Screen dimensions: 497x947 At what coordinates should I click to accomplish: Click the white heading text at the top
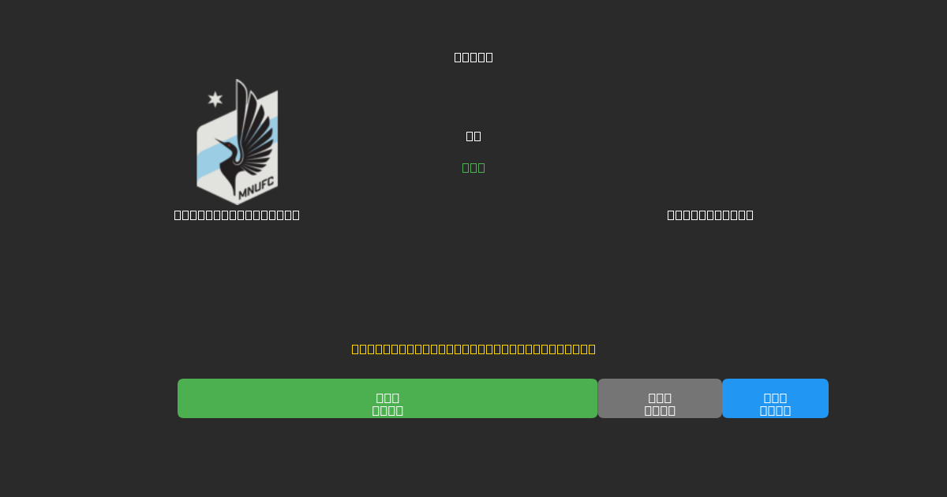pos(473,57)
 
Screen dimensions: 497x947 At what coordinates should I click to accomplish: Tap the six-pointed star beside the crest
pos(215,99)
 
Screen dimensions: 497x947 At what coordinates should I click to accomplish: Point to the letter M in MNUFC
pos(243,192)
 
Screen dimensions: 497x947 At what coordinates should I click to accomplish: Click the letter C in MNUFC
pos(270,186)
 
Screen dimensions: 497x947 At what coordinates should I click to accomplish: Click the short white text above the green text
pos(473,136)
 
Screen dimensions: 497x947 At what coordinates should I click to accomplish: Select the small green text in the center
pos(473,167)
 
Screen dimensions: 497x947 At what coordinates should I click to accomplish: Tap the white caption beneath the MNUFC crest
pos(237,215)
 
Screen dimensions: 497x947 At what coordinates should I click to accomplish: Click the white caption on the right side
pos(710,215)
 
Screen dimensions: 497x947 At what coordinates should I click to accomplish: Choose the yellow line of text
pos(473,349)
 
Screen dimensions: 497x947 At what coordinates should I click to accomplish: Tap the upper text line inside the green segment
pos(387,398)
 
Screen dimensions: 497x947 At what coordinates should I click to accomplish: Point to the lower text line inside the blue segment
pos(775,411)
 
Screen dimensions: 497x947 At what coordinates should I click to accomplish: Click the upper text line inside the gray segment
pos(660,398)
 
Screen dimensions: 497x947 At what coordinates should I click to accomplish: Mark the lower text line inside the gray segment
pos(660,411)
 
